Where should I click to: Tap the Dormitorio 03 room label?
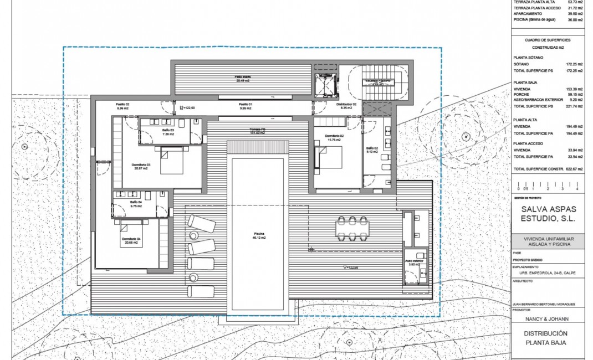pos(140,166)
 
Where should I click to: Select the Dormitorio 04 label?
pos(132,241)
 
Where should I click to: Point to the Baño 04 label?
pos(136,204)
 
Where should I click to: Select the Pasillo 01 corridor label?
pos(246,106)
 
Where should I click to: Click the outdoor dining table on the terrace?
pos(352,229)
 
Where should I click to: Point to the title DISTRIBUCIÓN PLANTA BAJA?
pos(548,338)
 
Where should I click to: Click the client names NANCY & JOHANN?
pos(548,319)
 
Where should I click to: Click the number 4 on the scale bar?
pos(577,189)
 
